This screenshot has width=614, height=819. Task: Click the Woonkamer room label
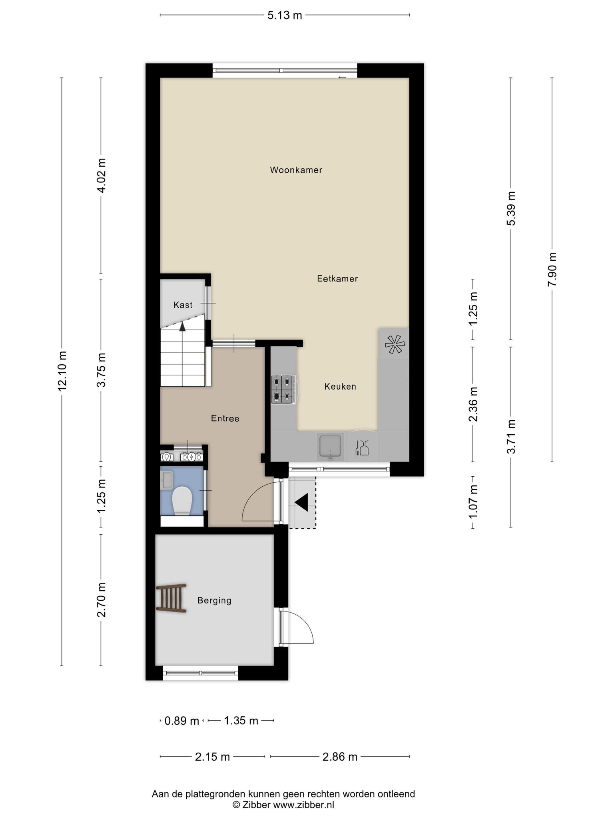[x=296, y=170]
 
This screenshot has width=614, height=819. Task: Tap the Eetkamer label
[x=337, y=279]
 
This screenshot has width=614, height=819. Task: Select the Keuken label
[x=340, y=387]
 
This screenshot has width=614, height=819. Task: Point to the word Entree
[x=225, y=418]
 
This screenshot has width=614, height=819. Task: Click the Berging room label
[x=214, y=600]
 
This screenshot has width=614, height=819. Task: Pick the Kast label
[x=183, y=305]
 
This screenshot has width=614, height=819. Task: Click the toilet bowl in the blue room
[x=182, y=500]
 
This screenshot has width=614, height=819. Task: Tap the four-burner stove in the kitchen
[x=283, y=389]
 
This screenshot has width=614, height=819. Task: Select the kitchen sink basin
[x=330, y=446]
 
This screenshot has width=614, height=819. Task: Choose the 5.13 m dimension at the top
[x=285, y=16]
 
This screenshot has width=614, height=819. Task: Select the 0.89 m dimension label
[x=182, y=721]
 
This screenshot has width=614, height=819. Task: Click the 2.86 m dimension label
[x=340, y=757]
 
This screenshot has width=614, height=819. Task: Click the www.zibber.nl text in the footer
[x=303, y=805]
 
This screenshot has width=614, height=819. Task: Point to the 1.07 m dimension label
[x=473, y=501]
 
